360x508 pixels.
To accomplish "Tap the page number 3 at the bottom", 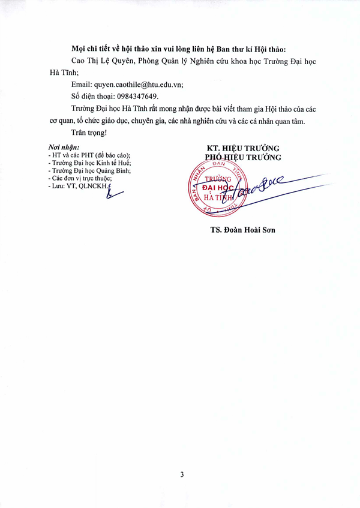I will coord(182,474).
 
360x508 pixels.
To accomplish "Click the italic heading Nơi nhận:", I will coord(63,148).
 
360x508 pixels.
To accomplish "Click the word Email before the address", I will coord(80,84).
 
